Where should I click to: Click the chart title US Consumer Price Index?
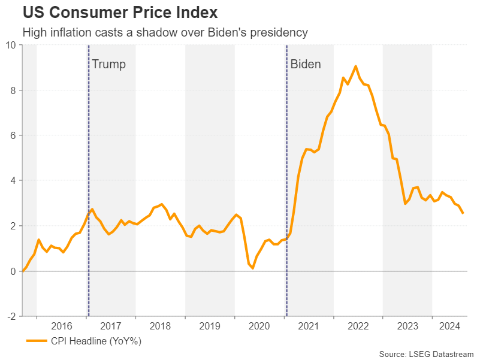[120, 12]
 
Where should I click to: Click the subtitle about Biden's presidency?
[165, 33]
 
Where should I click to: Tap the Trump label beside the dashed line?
[108, 64]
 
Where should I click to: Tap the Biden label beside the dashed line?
[306, 64]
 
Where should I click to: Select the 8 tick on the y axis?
[13, 90]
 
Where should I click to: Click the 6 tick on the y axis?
[13, 135]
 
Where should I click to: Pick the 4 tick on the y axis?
[13, 180]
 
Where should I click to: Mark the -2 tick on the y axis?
[11, 316]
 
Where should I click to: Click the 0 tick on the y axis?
[13, 271]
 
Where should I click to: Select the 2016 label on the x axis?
[62, 326]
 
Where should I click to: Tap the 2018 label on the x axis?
[161, 326]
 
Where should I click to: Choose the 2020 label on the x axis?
[259, 326]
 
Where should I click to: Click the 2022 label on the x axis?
[358, 326]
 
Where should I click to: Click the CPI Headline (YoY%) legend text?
[96, 341]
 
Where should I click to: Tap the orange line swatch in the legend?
[37, 341]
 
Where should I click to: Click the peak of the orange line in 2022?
[355, 66]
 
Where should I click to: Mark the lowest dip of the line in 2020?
[253, 268]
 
